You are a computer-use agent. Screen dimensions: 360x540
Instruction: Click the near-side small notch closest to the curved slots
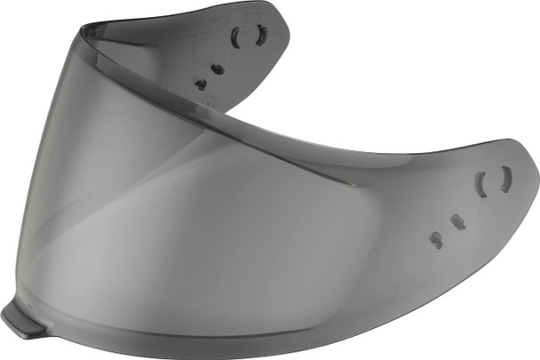pos(458,222)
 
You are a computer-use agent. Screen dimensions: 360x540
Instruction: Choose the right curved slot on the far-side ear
pos(260,35)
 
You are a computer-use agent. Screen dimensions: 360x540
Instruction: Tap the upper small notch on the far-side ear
pos(218,68)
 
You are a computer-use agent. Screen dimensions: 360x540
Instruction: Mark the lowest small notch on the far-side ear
pos(201,84)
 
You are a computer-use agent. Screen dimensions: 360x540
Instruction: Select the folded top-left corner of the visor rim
pos(82,31)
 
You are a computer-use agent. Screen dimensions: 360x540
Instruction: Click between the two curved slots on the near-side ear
pos(494,181)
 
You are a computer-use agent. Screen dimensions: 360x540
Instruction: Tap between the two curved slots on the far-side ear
pos(249,37)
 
